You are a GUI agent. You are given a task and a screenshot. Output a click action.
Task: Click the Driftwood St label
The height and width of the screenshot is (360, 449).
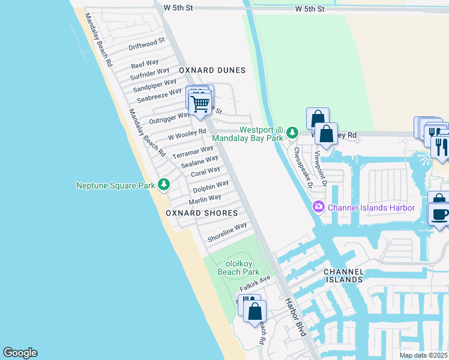point(146,43)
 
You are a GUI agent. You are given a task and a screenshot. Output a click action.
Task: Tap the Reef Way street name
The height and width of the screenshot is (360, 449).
point(145,63)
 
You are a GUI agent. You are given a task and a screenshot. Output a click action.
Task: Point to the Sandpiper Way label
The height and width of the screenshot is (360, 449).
point(155,85)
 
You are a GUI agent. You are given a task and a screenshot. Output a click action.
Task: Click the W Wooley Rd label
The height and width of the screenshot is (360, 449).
point(187,134)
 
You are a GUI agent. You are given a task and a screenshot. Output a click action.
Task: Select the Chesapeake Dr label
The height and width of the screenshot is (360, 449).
point(302,167)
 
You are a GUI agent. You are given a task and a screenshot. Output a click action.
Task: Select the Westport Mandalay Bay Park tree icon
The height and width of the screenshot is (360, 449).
point(292,132)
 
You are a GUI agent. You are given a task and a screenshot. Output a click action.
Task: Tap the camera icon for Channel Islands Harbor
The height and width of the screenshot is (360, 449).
point(319,208)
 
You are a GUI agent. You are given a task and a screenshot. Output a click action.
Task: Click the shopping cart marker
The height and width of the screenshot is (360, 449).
point(200,104)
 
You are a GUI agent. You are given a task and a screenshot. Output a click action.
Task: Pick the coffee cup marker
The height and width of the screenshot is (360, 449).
point(439,214)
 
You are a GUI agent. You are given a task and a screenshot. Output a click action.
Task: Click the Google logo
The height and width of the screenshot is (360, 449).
point(20,353)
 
